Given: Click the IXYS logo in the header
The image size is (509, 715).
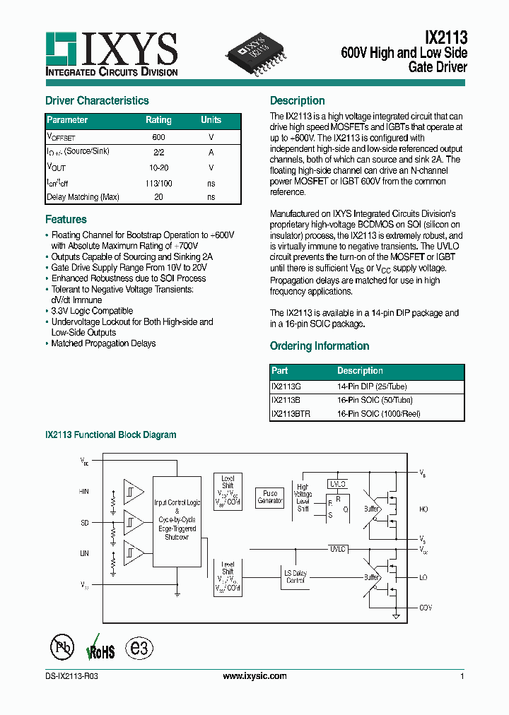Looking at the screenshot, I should (x=111, y=54).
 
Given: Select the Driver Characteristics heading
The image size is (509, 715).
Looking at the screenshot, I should (x=97, y=101).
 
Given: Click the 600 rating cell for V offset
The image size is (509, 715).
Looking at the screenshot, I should (x=158, y=137).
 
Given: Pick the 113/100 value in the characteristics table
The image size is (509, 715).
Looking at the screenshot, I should (x=158, y=182).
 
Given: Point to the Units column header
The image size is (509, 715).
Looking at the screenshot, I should (x=211, y=120).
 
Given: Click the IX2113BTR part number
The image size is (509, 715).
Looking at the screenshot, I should (x=290, y=413).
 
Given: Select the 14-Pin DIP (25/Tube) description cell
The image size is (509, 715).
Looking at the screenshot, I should (x=372, y=386).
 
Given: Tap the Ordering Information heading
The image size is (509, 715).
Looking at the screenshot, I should (x=320, y=346).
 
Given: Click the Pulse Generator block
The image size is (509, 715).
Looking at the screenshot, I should (x=270, y=497).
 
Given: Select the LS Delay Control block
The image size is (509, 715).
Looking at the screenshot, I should (x=295, y=577).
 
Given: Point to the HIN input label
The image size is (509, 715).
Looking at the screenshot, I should (x=84, y=492).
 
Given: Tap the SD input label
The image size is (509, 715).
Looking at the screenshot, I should (x=85, y=523).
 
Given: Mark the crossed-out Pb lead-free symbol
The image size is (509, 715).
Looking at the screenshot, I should (x=62, y=648).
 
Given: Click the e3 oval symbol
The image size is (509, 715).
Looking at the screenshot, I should (x=138, y=648).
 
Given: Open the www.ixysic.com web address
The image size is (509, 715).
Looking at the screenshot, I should (x=255, y=676).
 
